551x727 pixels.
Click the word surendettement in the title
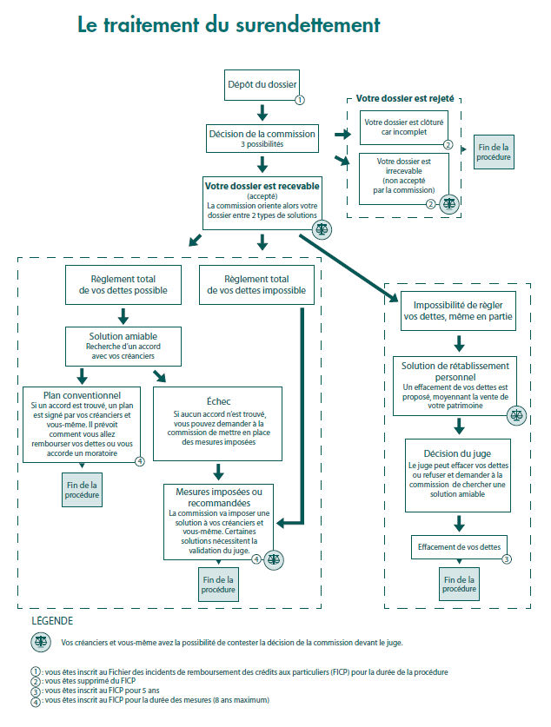click(x=308, y=25)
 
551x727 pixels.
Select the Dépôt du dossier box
click(x=262, y=85)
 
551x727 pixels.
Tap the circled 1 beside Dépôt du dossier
click(x=300, y=100)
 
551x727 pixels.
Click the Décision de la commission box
click(x=262, y=139)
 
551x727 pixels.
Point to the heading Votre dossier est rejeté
click(x=405, y=100)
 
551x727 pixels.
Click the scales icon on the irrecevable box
click(x=449, y=204)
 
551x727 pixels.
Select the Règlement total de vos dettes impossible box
click(x=257, y=285)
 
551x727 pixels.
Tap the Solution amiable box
click(x=123, y=345)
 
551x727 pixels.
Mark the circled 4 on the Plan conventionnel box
click(x=139, y=461)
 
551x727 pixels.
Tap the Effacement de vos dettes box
click(x=459, y=547)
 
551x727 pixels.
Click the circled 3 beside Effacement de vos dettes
click(x=508, y=559)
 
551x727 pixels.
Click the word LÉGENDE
click(x=52, y=621)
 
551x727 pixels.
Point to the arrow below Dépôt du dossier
click(x=262, y=113)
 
